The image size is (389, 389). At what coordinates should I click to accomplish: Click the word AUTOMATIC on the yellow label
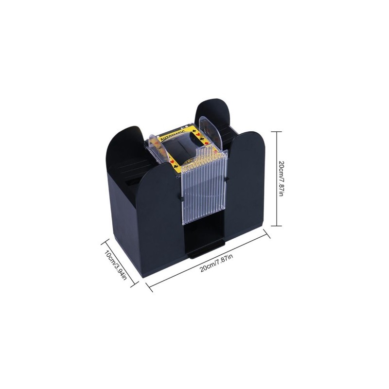[174, 133]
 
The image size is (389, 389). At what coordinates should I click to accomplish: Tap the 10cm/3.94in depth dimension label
[115, 265]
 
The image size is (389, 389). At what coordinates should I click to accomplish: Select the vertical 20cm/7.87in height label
[281, 178]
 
